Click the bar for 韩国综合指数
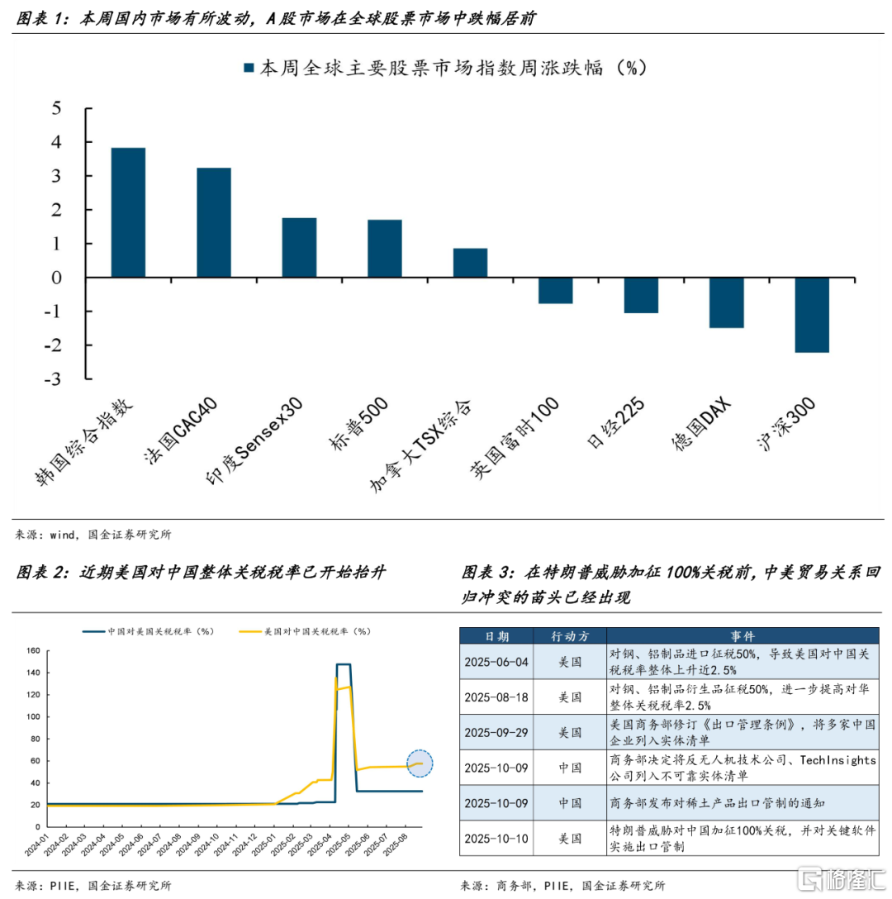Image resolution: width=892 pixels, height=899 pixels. click(128, 212)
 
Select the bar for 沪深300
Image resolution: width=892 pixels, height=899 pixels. click(812, 315)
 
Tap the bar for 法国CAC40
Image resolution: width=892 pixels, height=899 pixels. click(213, 222)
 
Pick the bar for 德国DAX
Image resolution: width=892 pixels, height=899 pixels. click(726, 302)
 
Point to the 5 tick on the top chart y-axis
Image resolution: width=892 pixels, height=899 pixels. click(56, 107)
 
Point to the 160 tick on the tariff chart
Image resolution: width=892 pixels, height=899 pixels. click(33, 650)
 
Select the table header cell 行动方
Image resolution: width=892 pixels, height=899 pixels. click(568, 635)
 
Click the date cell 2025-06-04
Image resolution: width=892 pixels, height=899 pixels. click(496, 662)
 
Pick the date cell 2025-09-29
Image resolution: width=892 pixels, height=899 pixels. click(496, 731)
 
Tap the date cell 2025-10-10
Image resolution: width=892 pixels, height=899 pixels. click(496, 838)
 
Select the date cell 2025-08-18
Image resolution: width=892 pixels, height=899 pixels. click(496, 697)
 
